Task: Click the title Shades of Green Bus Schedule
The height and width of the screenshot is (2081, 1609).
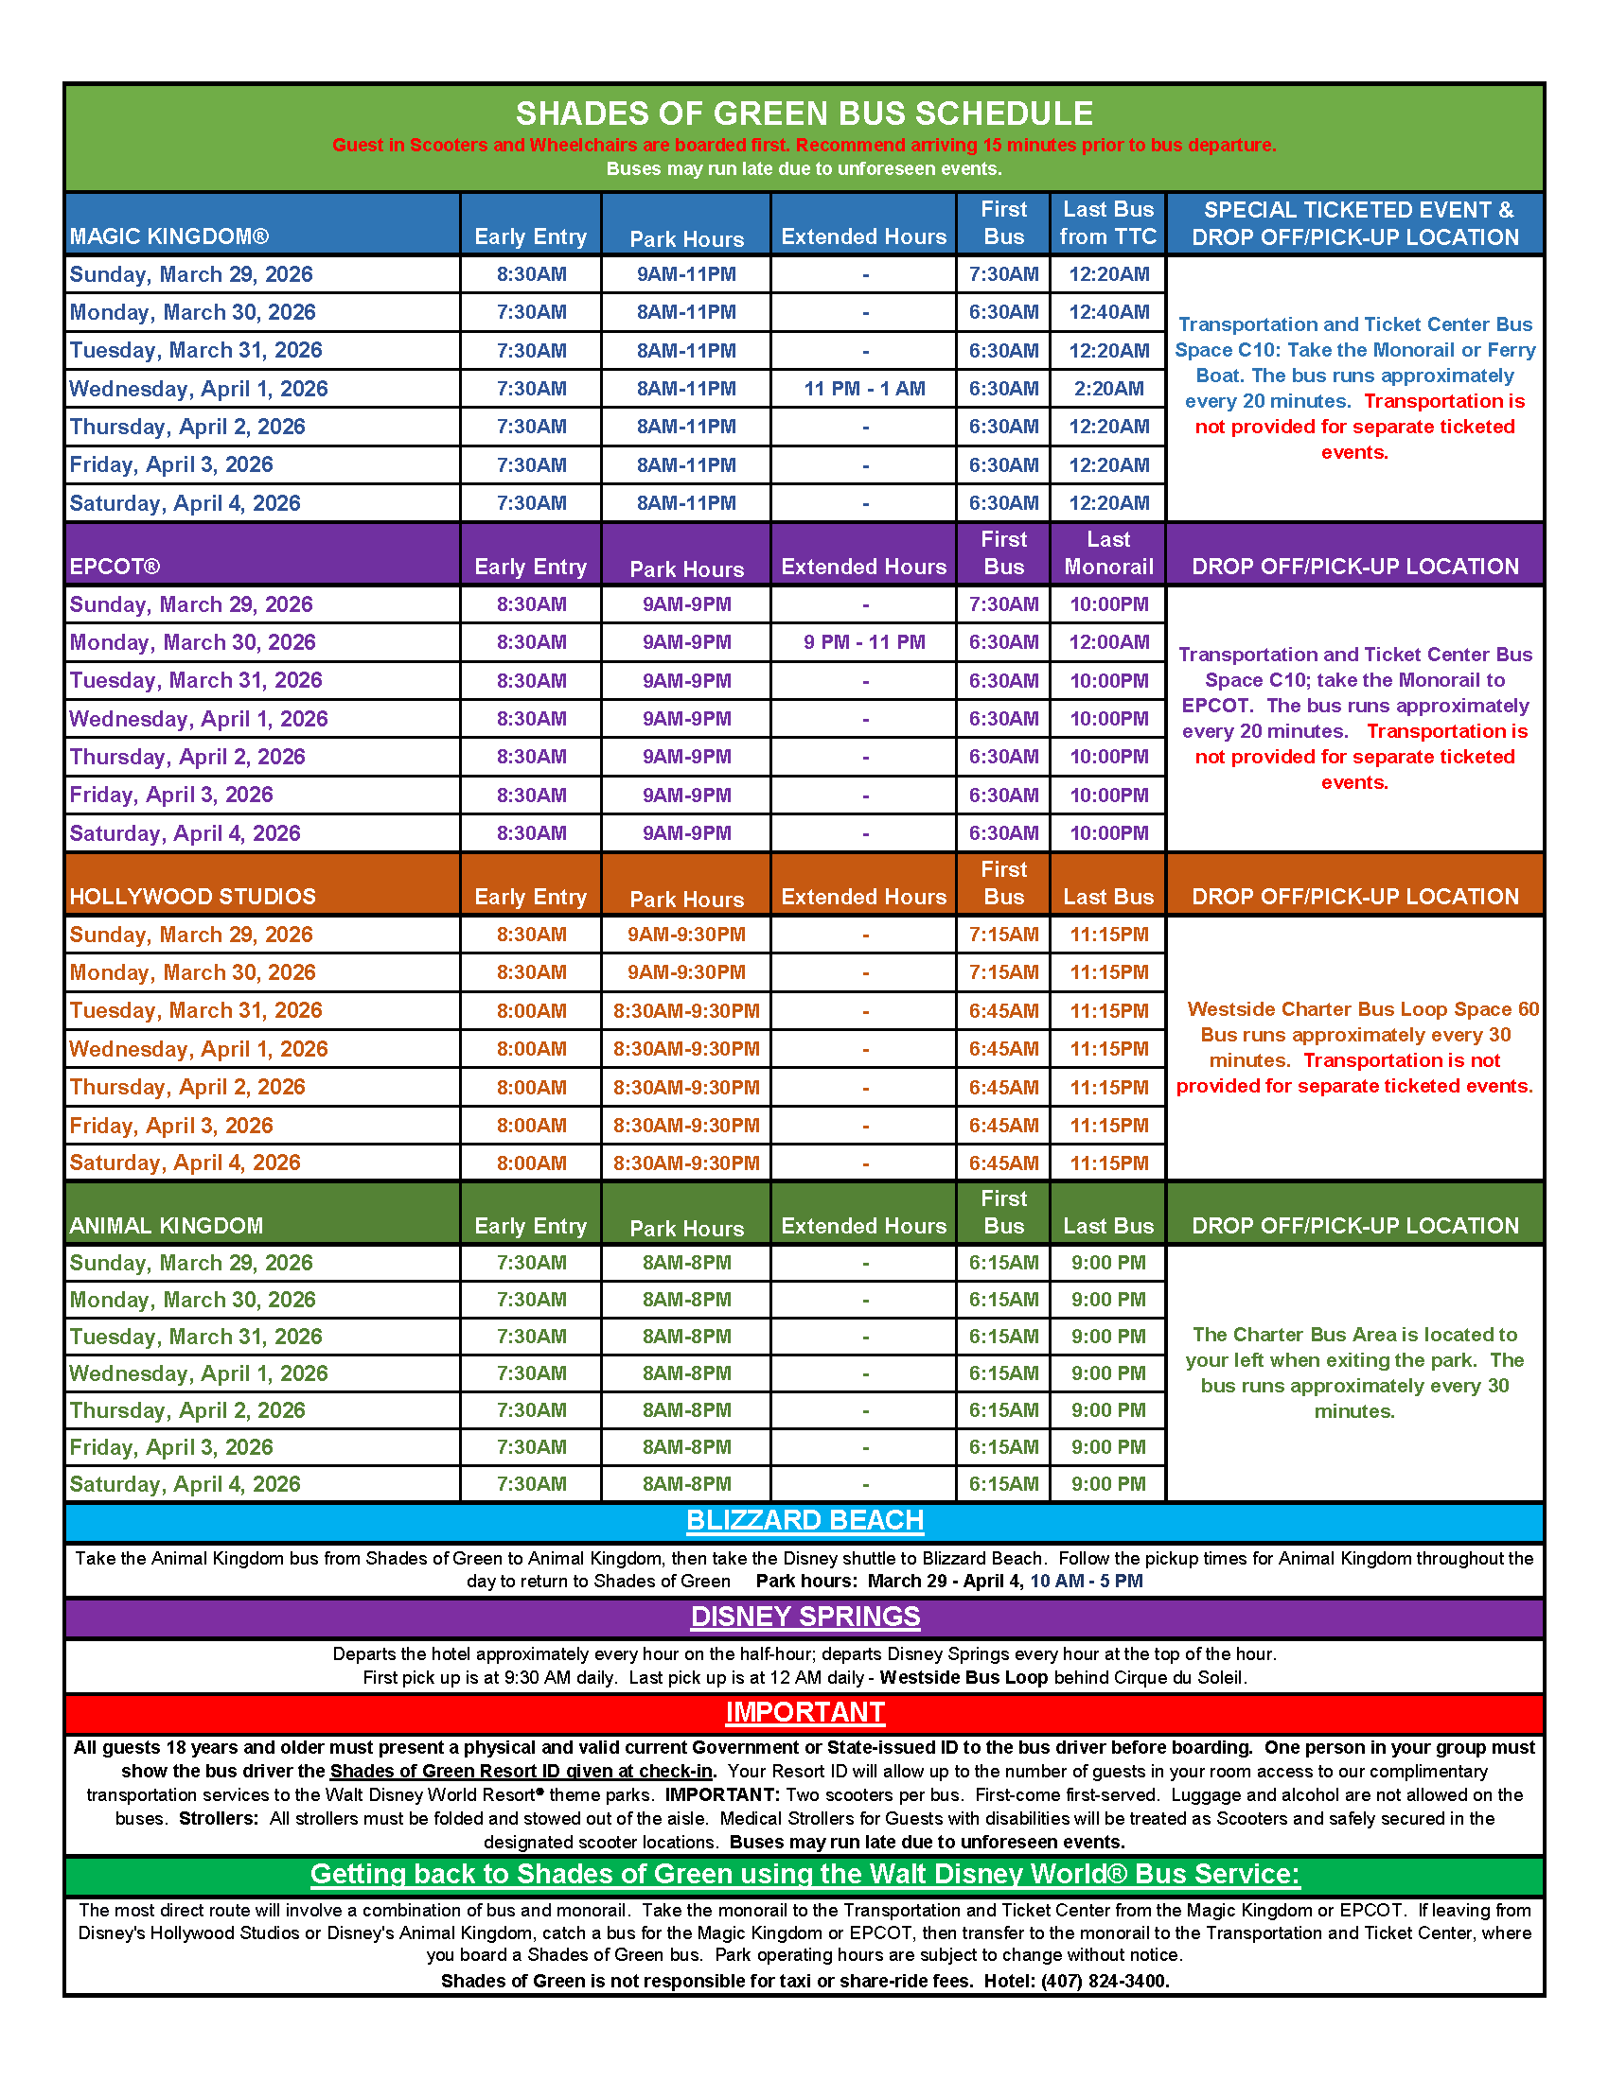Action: pyautogui.click(x=804, y=114)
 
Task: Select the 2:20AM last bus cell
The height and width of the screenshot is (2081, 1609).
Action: pyautogui.click(x=1107, y=389)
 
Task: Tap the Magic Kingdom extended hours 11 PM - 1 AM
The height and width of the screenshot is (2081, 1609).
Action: pyautogui.click(x=863, y=389)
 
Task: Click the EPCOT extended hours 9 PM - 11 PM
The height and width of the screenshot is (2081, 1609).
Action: pyautogui.click(x=863, y=642)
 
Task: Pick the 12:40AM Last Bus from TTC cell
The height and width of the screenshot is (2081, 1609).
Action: pyautogui.click(x=1107, y=312)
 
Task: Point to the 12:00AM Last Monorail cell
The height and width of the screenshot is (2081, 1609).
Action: pyautogui.click(x=1107, y=642)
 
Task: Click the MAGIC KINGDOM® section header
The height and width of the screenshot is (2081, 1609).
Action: pyautogui.click(x=169, y=236)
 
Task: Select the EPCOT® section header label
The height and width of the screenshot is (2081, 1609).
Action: pyautogui.click(x=115, y=567)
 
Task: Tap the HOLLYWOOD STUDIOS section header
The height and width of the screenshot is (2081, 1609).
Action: pyautogui.click(x=192, y=897)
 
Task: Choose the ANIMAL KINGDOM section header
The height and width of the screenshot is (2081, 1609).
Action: pyautogui.click(x=166, y=1226)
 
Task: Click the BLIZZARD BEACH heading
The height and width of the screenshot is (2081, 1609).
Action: pyautogui.click(x=804, y=1521)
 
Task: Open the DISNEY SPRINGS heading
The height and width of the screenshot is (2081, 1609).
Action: pyautogui.click(x=804, y=1617)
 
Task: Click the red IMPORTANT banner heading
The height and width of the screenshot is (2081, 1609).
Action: pyautogui.click(x=804, y=1712)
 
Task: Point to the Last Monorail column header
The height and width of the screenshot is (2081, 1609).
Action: pyautogui.click(x=1107, y=553)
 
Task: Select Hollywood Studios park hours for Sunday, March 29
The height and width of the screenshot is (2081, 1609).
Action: pyautogui.click(x=686, y=935)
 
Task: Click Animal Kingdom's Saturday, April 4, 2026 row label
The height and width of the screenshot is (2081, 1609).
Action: pyautogui.click(x=185, y=1483)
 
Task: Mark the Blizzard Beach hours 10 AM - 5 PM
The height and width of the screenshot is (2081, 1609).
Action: pyautogui.click(x=1086, y=1582)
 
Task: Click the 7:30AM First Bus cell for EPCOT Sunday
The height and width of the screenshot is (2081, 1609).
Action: pyautogui.click(x=1003, y=604)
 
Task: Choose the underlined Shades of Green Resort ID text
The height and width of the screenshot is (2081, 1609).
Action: pyautogui.click(x=522, y=1772)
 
